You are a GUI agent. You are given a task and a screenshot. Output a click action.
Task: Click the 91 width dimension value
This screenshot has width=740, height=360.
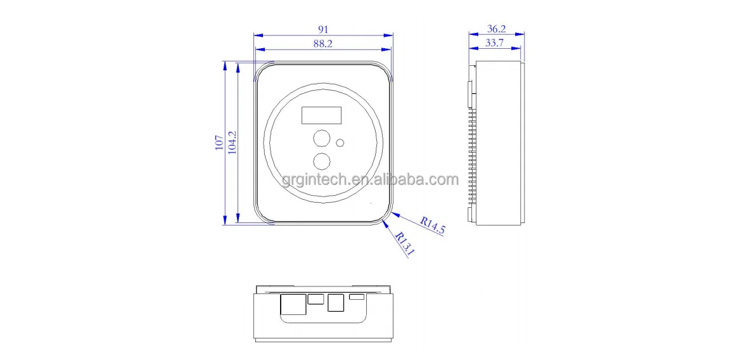click(x=323, y=29)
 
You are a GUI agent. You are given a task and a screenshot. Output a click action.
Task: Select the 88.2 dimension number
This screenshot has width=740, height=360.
click(x=323, y=44)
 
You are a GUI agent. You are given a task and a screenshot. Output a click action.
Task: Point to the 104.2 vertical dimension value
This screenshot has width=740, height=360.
click(x=232, y=143)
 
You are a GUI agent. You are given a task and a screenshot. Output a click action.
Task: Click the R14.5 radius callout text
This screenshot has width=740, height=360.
click(x=433, y=226)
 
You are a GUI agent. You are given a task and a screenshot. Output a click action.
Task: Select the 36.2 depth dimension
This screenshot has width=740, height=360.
click(x=496, y=29)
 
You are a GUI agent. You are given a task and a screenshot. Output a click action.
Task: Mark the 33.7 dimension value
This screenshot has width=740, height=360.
click(x=495, y=43)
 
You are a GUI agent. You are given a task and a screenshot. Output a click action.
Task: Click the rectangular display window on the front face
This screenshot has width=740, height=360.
click(x=321, y=115)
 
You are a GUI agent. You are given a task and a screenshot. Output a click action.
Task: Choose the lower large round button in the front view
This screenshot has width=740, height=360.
click(x=322, y=161)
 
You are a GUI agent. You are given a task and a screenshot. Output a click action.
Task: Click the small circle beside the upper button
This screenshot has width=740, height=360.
click(x=340, y=143)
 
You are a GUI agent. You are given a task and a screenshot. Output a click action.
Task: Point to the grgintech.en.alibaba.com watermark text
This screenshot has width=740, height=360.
click(x=370, y=180)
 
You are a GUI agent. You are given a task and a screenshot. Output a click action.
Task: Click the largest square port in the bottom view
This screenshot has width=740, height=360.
click(x=291, y=305)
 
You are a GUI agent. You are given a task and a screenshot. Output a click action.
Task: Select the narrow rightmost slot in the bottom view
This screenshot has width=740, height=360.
click(x=357, y=297)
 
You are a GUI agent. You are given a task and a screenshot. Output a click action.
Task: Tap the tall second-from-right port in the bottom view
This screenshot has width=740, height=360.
click(x=336, y=304)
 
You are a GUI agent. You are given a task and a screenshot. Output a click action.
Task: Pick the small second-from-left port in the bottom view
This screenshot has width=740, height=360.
click(x=315, y=299)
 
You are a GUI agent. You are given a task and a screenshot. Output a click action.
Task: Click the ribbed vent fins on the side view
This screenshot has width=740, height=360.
click(x=471, y=152)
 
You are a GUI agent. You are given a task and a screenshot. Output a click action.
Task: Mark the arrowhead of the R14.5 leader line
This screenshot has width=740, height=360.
click(x=394, y=214)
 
